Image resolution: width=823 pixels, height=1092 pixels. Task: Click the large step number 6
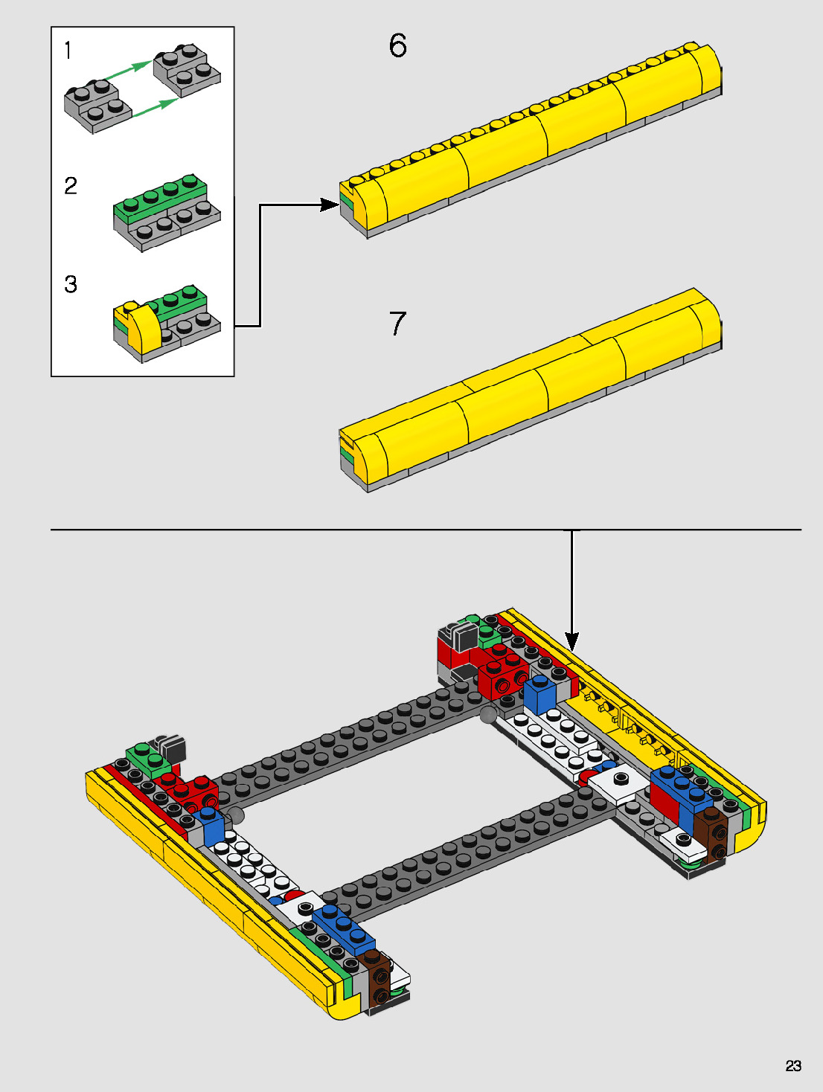pos(397,46)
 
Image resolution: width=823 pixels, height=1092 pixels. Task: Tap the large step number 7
pos(397,324)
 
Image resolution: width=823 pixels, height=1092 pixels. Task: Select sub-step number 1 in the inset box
pos(68,51)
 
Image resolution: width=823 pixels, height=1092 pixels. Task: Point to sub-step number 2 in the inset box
pos(71,185)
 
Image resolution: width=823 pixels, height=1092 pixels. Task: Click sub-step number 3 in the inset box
pos(71,284)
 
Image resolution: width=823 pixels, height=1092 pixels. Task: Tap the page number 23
pos(793,1066)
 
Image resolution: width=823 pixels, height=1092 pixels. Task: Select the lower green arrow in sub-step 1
pos(155,107)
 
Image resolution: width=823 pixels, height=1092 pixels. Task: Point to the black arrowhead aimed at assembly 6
pos(329,205)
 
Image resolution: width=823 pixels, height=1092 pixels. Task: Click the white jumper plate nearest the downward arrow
pos(621,781)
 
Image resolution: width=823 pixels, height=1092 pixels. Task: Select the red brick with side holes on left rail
pos(198,793)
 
